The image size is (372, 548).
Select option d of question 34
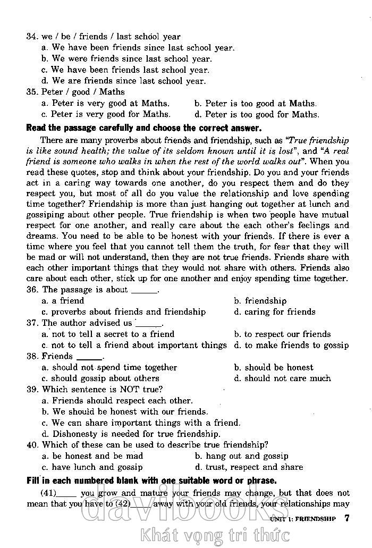(x=123, y=81)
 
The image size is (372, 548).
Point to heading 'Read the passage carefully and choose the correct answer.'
(x=143, y=128)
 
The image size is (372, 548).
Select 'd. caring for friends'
(x=274, y=312)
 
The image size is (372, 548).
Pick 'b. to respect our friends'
(x=282, y=334)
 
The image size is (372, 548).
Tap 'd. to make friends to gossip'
(x=291, y=345)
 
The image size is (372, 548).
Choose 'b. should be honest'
(x=273, y=368)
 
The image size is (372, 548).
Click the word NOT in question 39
(x=129, y=390)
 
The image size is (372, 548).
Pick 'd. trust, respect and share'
(x=249, y=467)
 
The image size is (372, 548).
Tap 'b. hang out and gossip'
(x=241, y=456)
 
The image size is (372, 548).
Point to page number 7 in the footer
(x=346, y=518)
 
